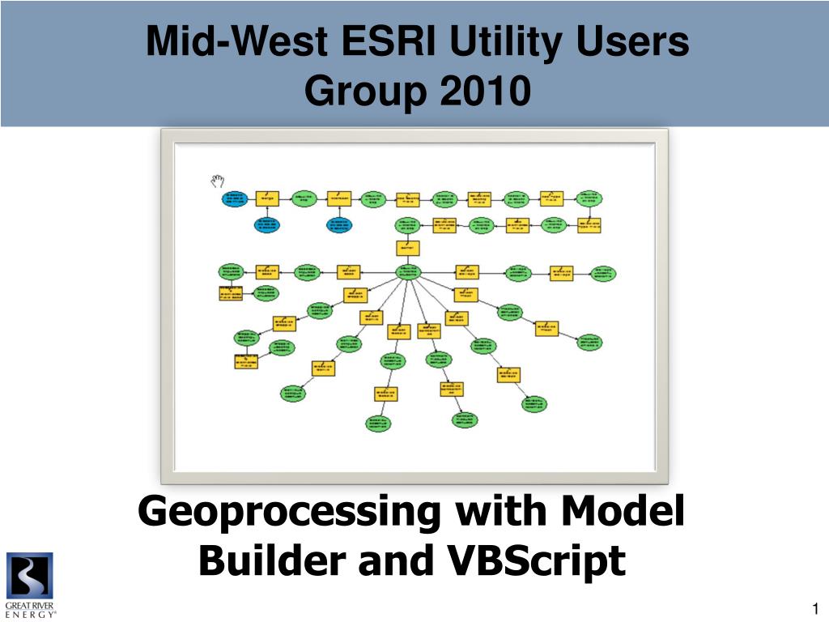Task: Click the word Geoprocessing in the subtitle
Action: [x=288, y=513]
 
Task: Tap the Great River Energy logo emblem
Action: [x=30, y=575]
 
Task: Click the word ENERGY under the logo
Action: [x=31, y=615]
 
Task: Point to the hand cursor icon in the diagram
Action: [x=217, y=181]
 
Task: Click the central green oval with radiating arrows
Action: [x=407, y=272]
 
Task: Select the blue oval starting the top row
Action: [x=234, y=198]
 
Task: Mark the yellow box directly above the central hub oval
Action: [x=407, y=249]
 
